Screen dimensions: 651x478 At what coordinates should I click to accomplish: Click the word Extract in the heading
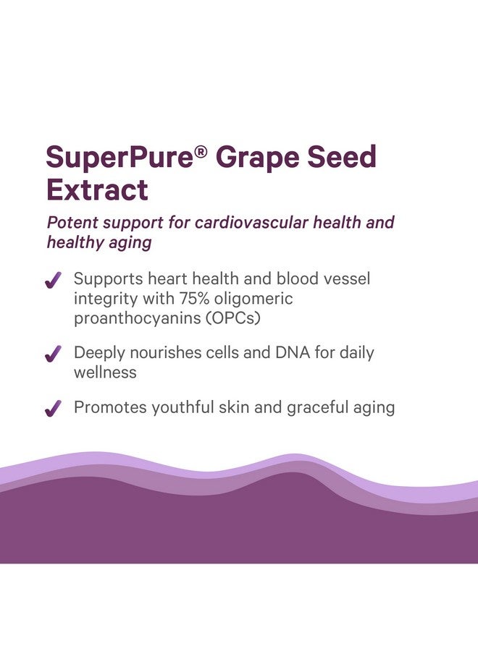97,190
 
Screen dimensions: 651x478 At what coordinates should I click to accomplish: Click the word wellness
105,373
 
